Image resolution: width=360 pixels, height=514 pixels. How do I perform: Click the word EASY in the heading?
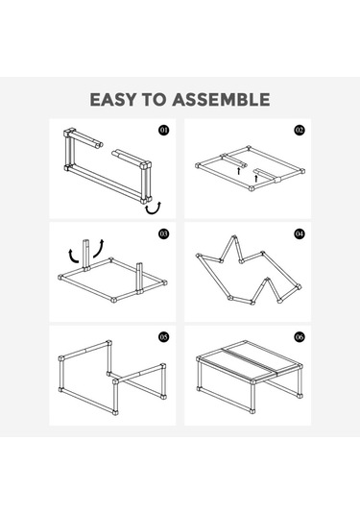(112, 99)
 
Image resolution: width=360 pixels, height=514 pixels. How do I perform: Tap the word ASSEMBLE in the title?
(222, 99)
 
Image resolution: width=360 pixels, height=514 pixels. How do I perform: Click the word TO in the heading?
(154, 99)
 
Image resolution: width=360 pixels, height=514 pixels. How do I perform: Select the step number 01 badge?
(164, 130)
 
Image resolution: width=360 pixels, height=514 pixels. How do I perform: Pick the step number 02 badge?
(300, 130)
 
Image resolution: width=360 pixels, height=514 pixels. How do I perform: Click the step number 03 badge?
(164, 233)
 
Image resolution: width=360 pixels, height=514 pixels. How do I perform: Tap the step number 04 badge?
(300, 233)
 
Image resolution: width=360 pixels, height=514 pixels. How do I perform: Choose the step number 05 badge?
(164, 336)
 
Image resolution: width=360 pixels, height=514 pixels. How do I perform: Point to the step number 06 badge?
(300, 336)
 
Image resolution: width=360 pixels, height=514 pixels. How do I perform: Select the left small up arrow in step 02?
(239, 171)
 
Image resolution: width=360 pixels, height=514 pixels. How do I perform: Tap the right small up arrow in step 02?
(256, 179)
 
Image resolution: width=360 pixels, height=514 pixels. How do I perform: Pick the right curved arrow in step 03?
(99, 249)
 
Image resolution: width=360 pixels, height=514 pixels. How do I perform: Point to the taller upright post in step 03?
(86, 255)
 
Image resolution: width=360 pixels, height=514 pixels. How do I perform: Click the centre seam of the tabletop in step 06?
(251, 359)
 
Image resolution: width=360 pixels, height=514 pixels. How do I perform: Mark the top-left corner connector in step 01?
(68, 134)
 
